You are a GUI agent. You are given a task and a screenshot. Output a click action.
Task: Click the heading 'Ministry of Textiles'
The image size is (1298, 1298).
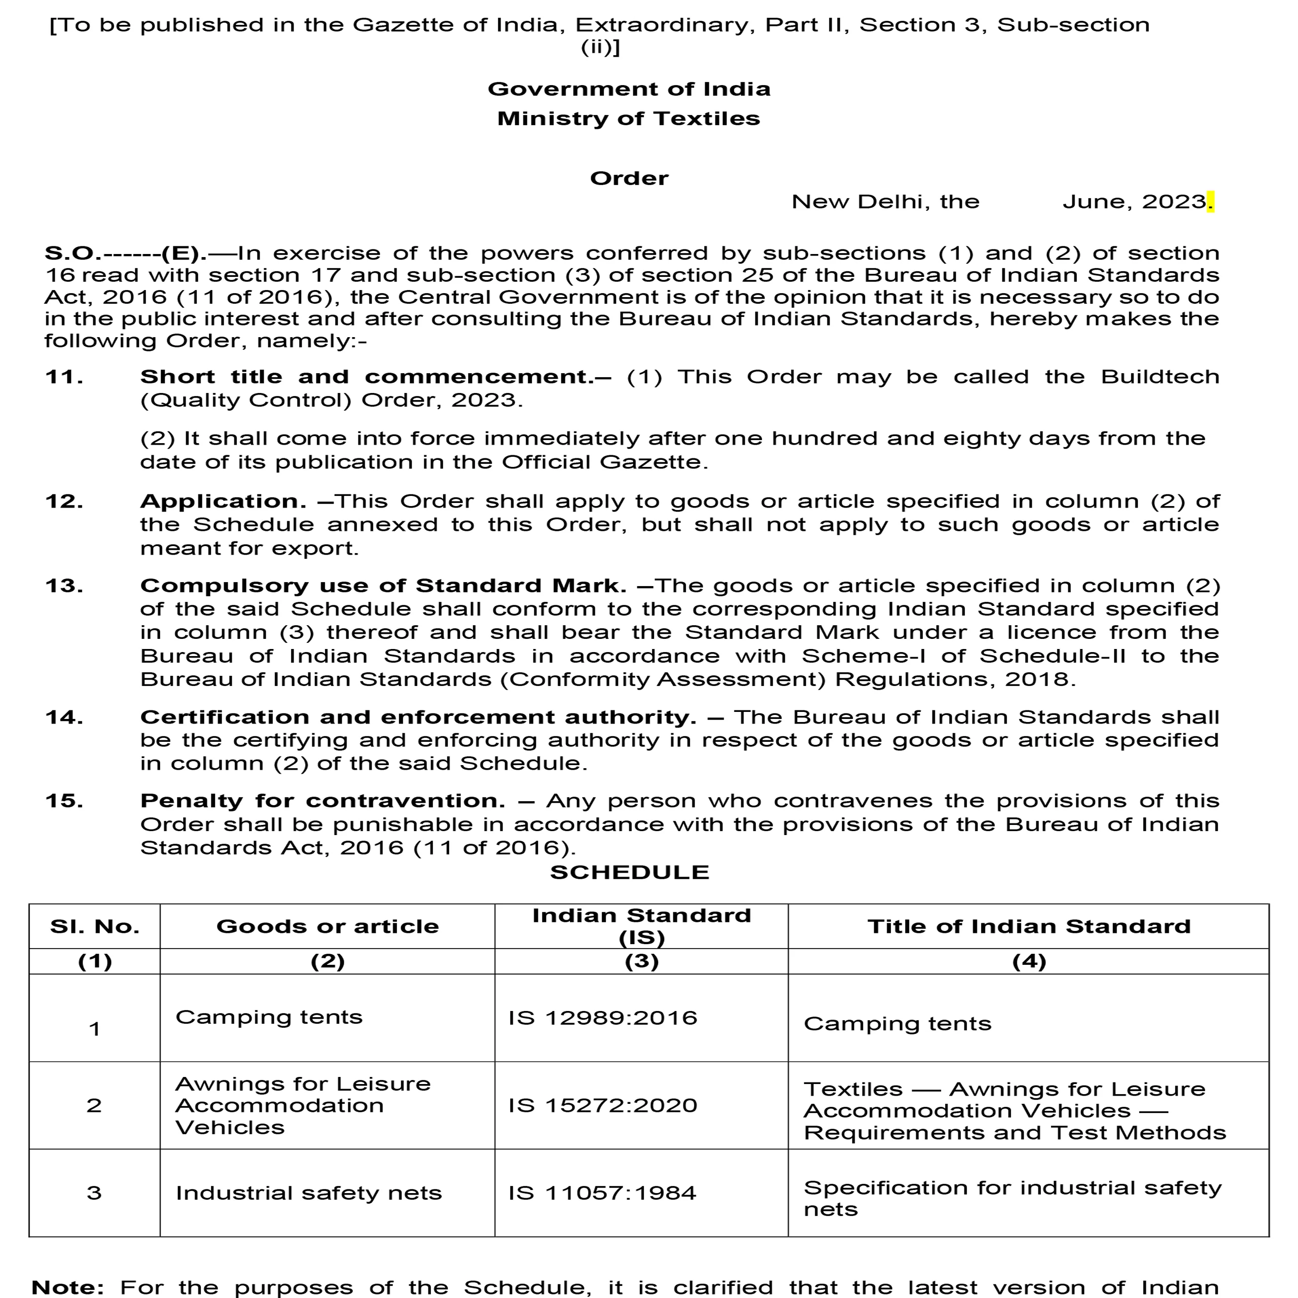point(628,119)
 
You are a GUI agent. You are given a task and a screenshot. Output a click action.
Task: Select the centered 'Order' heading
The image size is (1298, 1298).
point(629,178)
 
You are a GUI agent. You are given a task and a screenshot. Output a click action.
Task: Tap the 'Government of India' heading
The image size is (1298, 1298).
point(629,89)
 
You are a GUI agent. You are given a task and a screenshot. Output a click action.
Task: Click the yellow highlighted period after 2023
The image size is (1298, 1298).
point(1211,202)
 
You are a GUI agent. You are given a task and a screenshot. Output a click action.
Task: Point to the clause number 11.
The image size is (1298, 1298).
point(64,377)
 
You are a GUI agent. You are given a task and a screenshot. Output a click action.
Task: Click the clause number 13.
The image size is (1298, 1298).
point(64,586)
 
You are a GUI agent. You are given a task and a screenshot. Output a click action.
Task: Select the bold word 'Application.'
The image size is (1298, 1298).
point(223,502)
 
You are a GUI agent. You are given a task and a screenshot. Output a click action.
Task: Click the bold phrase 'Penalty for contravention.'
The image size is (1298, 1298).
point(322,801)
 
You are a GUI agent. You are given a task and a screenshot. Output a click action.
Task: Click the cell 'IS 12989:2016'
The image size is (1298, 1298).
point(603,1018)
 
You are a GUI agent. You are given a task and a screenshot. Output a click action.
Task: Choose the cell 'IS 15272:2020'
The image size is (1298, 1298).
point(603,1105)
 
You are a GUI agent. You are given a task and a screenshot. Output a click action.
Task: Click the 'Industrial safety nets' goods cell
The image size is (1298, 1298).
point(308,1193)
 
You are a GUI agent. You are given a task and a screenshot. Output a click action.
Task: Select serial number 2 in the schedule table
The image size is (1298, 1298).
point(94,1105)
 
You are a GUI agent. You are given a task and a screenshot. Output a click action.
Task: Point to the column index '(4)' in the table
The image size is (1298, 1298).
point(1029,961)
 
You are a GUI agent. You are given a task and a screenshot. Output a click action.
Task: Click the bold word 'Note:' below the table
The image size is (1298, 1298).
point(68,1287)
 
